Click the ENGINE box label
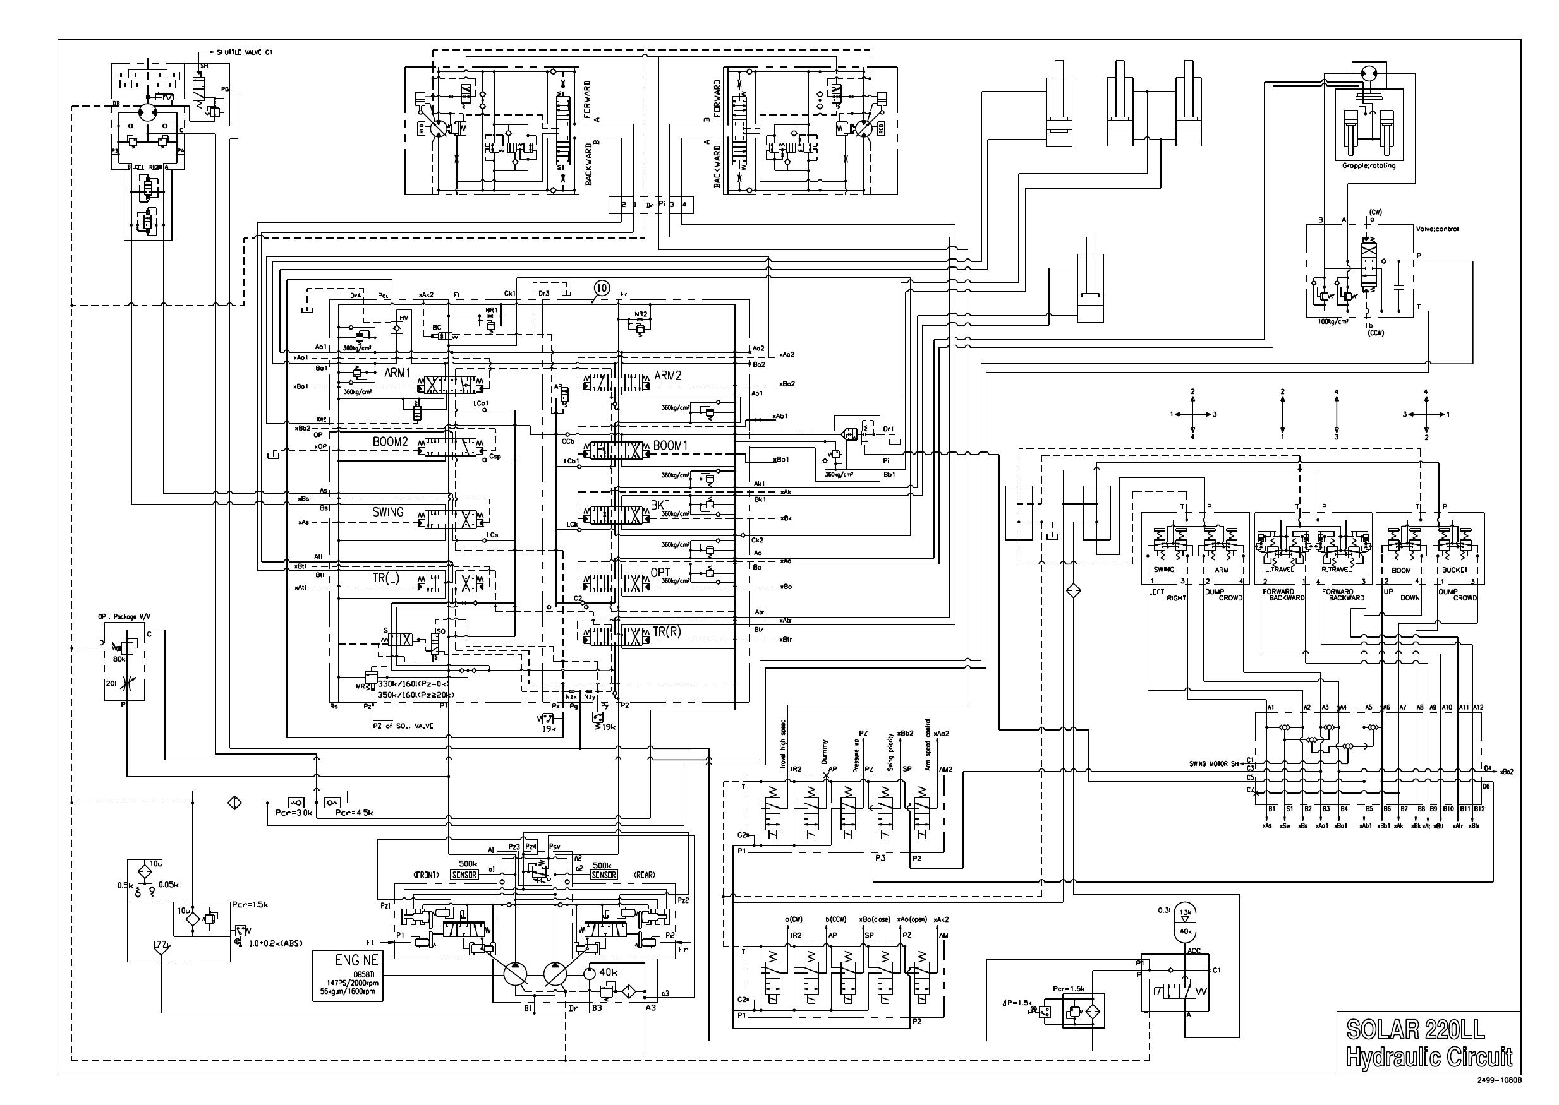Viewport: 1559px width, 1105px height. [356, 960]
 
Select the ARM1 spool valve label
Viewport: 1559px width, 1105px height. [397, 373]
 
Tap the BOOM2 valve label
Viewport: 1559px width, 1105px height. [390, 441]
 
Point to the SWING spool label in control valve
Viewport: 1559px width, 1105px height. [387, 511]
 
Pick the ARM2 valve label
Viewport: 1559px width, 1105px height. [667, 376]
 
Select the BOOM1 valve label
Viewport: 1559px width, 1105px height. [670, 445]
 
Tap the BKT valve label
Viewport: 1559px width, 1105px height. [660, 505]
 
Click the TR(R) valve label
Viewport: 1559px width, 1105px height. [667, 631]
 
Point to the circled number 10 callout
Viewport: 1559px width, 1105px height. [600, 288]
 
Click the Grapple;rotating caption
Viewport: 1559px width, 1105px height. [1368, 165]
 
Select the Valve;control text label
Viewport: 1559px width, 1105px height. [1437, 229]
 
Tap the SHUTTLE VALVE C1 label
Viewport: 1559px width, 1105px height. [245, 52]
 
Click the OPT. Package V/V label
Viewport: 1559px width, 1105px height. [123, 616]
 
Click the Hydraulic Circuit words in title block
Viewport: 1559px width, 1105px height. [1429, 1056]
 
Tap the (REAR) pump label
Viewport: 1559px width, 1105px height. [643, 875]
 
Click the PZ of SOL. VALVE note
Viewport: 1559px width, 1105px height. [403, 726]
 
